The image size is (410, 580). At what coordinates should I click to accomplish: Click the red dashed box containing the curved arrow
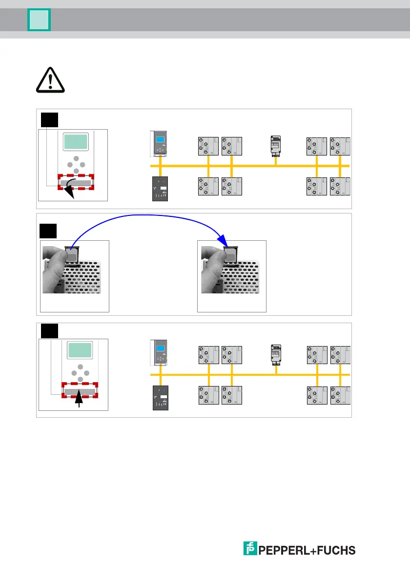pos(76,182)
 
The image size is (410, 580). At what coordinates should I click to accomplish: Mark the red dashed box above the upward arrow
pos(80,390)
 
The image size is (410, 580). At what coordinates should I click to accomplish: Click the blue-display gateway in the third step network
pos(160,352)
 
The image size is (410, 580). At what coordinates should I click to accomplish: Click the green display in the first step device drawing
pos(76,142)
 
